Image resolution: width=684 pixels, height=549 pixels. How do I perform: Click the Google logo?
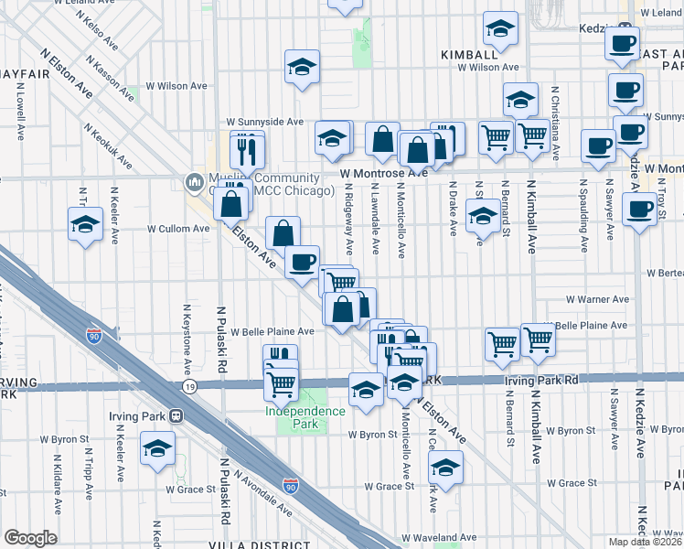31,538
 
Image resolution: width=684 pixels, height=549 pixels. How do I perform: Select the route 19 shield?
189,387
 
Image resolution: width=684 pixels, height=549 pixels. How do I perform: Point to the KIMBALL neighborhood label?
468,55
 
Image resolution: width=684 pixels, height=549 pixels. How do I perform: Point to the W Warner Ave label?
596,299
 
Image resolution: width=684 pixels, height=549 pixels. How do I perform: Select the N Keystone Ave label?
187,339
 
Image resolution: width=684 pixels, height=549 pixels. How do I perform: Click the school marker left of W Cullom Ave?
85,224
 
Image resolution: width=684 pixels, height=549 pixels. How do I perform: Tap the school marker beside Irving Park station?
157,449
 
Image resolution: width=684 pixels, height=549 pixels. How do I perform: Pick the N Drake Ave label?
453,207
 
